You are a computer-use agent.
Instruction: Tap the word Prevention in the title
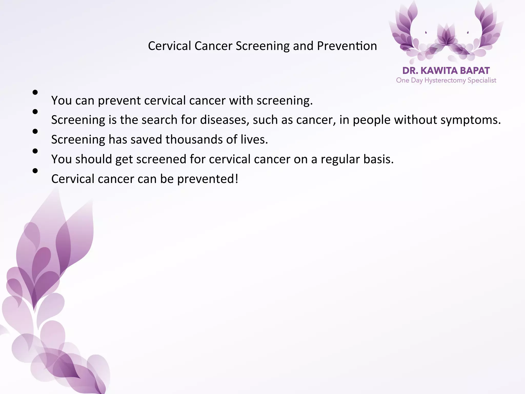[347, 46]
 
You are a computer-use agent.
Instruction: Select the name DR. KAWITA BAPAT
[446, 71]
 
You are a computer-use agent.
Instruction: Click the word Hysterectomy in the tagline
[445, 81]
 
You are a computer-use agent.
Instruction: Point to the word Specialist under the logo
[482, 81]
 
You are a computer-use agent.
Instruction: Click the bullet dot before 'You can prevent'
[35, 92]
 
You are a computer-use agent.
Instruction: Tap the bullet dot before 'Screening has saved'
[35, 131]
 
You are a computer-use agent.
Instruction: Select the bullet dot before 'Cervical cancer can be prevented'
[35, 171]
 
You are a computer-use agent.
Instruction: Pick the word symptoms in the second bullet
[470, 120]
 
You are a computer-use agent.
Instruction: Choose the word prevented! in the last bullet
[208, 179]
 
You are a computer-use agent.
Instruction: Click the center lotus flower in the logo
[447, 36]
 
